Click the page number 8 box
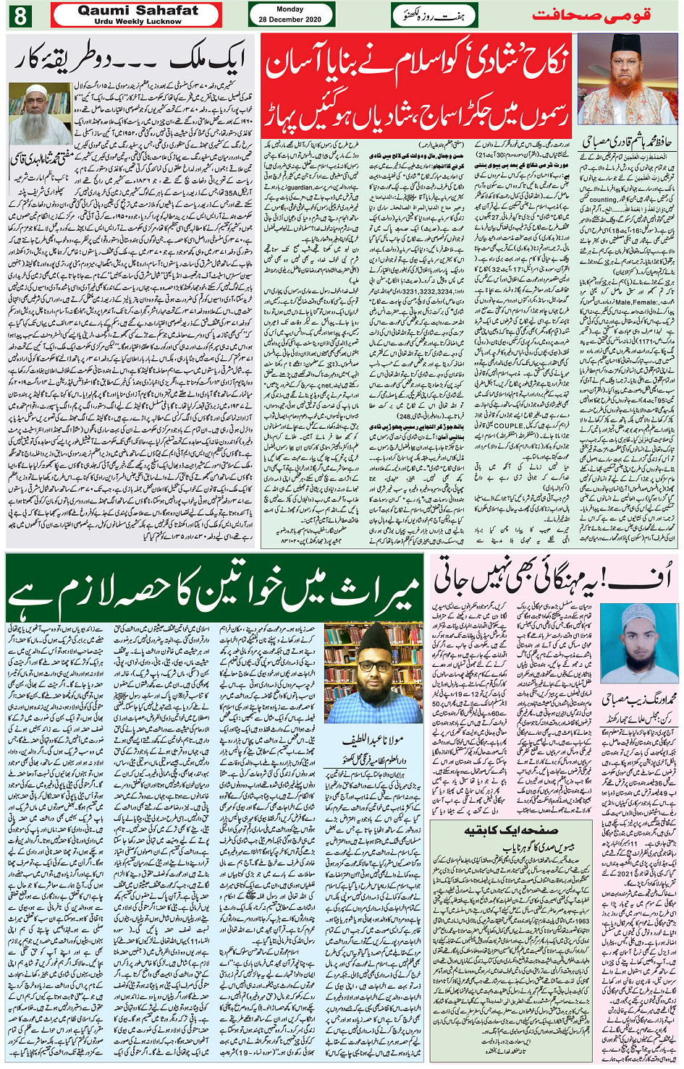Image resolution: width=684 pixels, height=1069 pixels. pyautogui.click(x=20, y=15)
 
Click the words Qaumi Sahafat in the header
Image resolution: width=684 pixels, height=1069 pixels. pyautogui.click(x=138, y=11)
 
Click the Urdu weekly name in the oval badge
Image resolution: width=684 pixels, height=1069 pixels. pyautogui.click(x=434, y=15)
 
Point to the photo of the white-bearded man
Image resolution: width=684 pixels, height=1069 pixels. pyautogui.click(x=41, y=113)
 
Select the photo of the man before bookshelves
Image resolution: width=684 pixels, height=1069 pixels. pyautogui.click(x=372, y=672)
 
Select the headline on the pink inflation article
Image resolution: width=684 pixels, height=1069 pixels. pyautogui.click(x=553, y=578)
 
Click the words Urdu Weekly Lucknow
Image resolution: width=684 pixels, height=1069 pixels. pyautogui.click(x=138, y=22)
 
